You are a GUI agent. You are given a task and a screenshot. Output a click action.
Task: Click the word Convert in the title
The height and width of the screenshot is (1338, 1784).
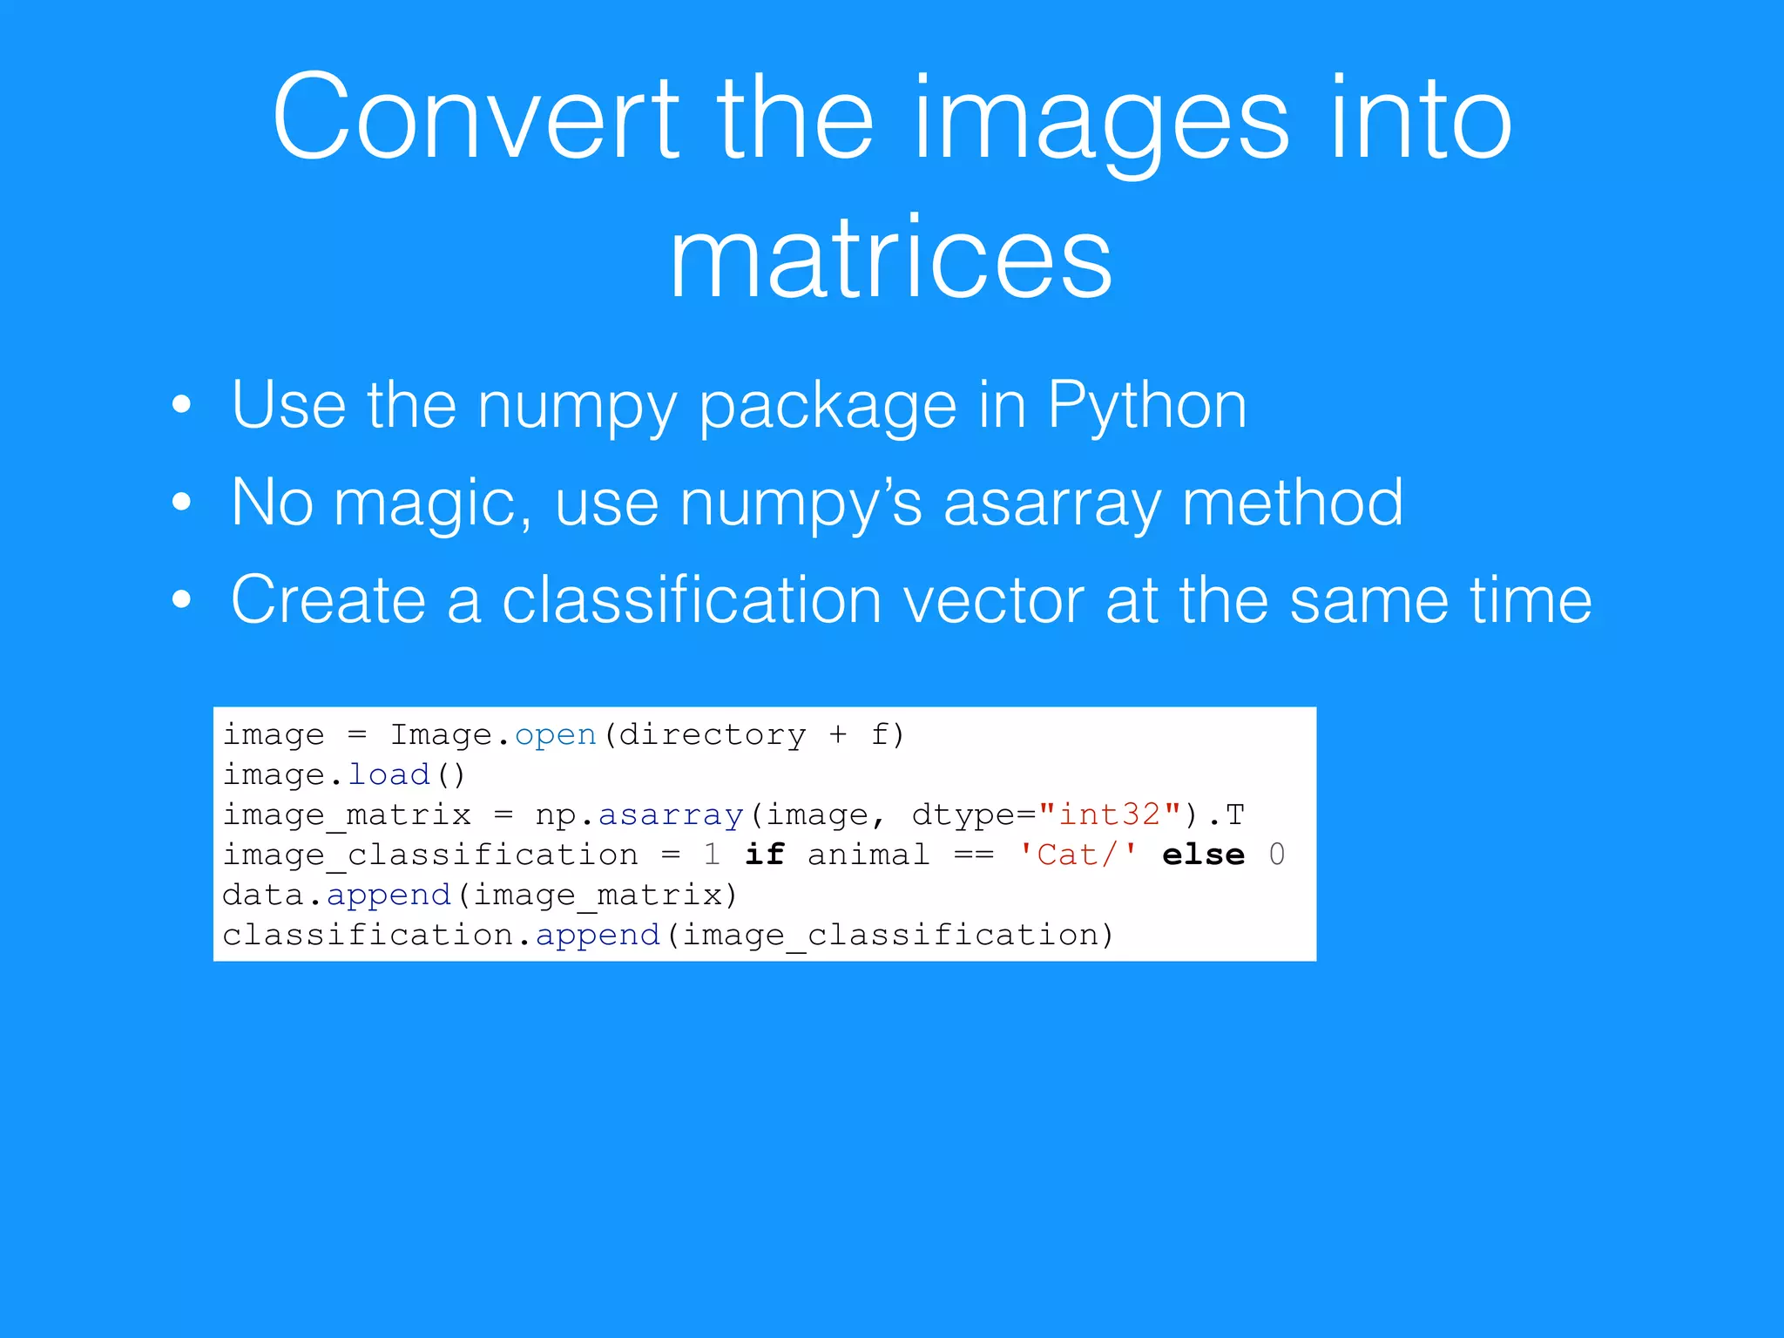[476, 118]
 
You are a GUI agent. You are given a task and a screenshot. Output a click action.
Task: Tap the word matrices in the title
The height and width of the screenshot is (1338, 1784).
[890, 259]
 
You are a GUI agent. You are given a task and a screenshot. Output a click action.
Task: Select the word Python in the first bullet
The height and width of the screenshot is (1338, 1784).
[1146, 405]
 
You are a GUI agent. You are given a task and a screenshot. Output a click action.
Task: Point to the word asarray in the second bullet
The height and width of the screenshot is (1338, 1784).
[1051, 503]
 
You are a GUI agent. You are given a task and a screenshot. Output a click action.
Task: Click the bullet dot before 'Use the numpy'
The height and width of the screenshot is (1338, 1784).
[181, 405]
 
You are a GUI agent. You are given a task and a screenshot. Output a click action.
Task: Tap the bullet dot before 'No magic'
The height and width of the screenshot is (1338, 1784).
[181, 503]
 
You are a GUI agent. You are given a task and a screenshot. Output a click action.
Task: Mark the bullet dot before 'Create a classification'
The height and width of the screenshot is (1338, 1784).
[181, 600]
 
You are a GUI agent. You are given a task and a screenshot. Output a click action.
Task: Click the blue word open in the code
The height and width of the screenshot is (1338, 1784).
[556, 735]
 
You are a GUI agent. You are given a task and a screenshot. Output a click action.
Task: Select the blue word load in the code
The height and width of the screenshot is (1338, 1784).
[389, 774]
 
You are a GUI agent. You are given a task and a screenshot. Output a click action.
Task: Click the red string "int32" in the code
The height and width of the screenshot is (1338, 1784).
[1109, 814]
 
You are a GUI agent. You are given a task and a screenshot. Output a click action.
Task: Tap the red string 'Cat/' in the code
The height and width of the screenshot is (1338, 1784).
[1078, 855]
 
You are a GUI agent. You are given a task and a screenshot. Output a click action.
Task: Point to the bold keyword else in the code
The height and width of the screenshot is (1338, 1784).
[1203, 855]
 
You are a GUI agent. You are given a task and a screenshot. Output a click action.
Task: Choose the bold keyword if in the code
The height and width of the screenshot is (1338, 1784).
[765, 855]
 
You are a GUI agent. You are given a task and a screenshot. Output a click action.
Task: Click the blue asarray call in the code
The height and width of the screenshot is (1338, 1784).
[671, 814]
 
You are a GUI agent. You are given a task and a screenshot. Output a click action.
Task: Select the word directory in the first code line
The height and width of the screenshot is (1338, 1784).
[712, 735]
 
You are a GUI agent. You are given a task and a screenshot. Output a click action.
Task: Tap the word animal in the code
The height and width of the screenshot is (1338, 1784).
[868, 855]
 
